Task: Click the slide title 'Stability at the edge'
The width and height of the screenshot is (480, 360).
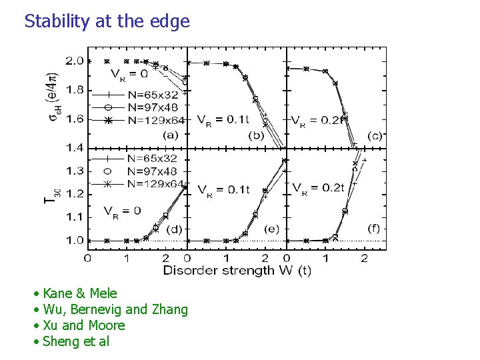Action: point(107,21)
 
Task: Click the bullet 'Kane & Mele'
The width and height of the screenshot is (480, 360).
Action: point(79,293)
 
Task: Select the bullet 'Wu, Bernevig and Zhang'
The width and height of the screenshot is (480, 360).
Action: point(115,309)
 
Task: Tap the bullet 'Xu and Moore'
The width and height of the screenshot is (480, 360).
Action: point(83,325)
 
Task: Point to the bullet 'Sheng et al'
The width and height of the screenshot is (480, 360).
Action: point(75,341)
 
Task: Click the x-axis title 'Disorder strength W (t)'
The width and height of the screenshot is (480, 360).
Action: point(237,270)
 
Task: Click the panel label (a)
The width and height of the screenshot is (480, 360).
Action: point(170,136)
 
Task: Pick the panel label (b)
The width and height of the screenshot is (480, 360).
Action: point(257,136)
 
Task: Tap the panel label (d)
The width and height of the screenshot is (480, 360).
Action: point(173,229)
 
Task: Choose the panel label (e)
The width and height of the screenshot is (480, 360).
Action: point(271,229)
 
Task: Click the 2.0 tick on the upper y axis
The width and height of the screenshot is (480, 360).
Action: point(75,61)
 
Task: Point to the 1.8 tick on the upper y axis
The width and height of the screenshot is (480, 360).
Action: point(75,90)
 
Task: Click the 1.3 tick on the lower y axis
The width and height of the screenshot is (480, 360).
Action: point(75,171)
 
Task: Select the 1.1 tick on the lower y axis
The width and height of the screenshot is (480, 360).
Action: point(75,217)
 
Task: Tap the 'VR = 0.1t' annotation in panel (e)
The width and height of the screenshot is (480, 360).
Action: point(223,189)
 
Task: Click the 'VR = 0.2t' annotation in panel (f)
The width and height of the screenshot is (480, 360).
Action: point(318,187)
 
